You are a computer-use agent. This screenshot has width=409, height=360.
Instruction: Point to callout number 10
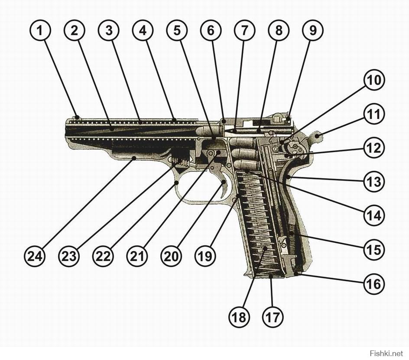point(373,80)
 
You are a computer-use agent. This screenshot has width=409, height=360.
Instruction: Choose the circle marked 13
point(373,182)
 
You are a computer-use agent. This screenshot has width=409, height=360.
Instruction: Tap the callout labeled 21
point(137,256)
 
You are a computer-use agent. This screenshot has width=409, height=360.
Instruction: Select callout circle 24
point(35,256)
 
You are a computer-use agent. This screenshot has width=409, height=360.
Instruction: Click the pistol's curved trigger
point(225,189)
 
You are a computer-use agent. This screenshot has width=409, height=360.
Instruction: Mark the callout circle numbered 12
point(373,148)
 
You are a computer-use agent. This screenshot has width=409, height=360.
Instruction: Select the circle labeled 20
point(171,256)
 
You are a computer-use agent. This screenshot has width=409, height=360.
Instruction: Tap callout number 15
point(373,250)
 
